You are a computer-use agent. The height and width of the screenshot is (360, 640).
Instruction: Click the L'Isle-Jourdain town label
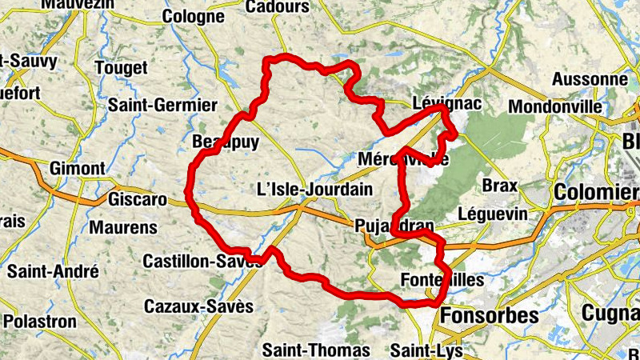tap(314, 190)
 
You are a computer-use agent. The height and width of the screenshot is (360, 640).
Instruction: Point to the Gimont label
tap(77, 169)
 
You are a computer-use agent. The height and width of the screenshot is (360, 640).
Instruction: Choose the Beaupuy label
tap(217, 142)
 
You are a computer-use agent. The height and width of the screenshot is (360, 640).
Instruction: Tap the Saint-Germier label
tap(162, 106)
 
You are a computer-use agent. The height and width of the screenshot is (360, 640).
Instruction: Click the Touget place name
tap(121, 69)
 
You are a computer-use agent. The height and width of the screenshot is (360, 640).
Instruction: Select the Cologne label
tap(193, 16)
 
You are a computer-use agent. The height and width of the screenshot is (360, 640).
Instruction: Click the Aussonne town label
tap(590, 80)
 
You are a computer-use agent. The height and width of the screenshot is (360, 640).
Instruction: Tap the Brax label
tap(500, 186)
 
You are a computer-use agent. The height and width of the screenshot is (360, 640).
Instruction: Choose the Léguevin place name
tap(493, 214)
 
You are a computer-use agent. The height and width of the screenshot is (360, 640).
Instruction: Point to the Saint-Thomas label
tap(316, 350)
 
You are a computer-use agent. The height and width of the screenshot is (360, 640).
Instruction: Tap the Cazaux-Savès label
tap(198, 306)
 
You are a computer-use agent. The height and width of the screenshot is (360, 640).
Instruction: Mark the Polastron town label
tap(40, 322)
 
